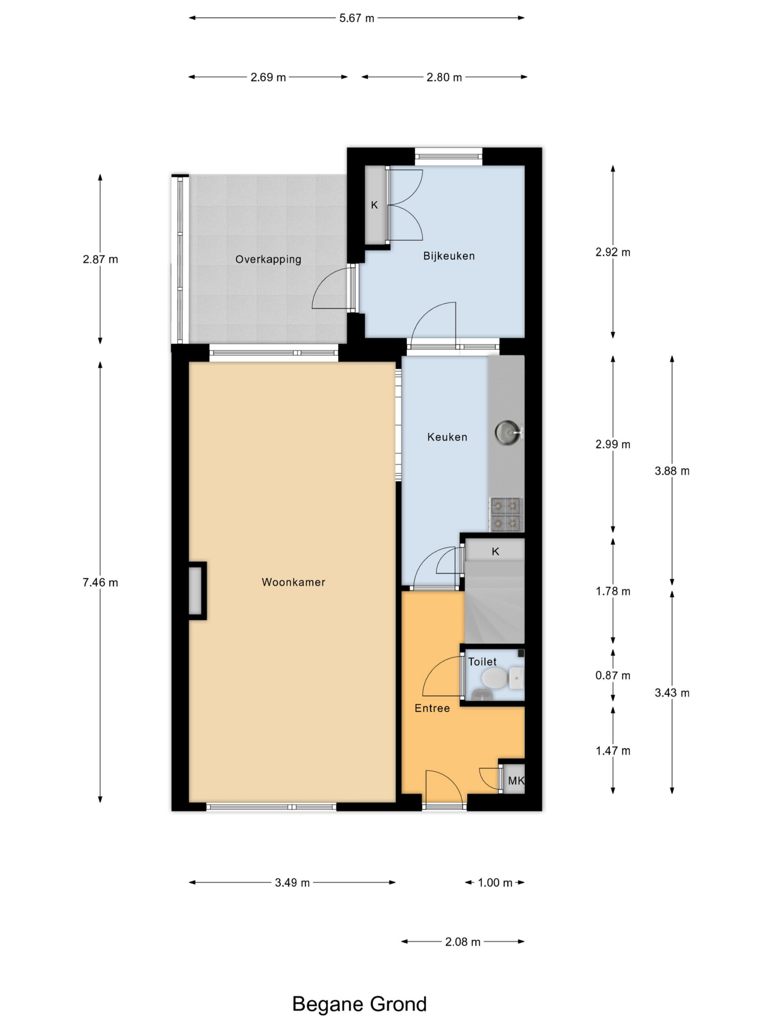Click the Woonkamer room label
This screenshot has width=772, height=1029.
293,582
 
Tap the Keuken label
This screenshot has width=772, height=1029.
447,437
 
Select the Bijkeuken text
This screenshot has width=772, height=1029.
449,256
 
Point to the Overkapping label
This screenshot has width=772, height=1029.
268,260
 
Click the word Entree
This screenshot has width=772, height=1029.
432,708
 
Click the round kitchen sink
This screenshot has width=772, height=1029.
507,432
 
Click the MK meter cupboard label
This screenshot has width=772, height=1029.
516,781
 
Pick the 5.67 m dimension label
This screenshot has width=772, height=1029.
357,18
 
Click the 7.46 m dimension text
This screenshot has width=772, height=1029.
100,582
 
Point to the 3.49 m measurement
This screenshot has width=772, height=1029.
292,882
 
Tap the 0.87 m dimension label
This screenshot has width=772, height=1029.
613,675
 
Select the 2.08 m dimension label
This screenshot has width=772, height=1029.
462,942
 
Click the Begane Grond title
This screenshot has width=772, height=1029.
359,1004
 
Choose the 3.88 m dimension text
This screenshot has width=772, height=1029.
672,471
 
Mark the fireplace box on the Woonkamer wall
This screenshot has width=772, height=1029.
197,591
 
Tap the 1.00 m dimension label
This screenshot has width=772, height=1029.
495,882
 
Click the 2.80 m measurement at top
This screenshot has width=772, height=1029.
444,77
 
